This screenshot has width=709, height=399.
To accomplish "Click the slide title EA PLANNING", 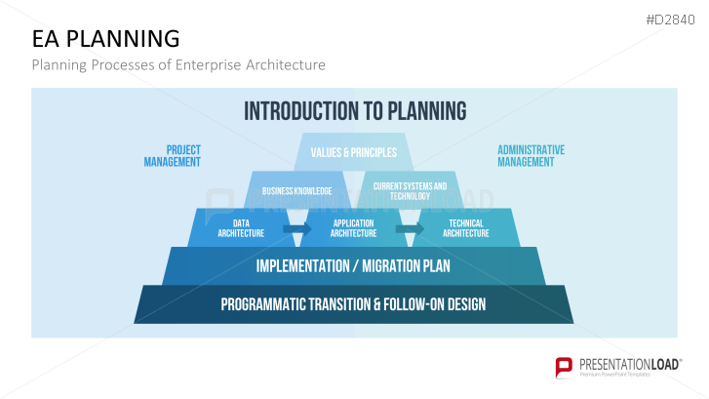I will [105, 39].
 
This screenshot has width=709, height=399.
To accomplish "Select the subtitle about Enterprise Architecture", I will [178, 65].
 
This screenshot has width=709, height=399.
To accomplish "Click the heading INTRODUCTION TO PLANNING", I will [354, 110].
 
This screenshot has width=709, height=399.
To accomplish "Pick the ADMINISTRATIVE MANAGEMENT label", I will [531, 156].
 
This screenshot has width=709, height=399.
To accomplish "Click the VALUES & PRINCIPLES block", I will [353, 152].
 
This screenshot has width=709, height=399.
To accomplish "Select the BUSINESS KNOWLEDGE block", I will [296, 190].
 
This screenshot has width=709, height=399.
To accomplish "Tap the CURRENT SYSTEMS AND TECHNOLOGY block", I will [410, 190].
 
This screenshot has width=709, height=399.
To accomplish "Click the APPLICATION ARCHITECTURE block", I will [353, 228].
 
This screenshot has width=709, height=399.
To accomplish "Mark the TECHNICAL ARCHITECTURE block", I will [466, 228].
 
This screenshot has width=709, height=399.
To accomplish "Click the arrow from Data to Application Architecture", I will [296, 228].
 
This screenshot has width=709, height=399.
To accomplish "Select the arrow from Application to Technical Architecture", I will [410, 228].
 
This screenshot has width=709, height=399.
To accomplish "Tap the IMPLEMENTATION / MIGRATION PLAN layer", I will [353, 265].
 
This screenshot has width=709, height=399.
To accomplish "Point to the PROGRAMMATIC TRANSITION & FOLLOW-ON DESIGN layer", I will [353, 304].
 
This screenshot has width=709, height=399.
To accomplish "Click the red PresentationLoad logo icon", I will [563, 367].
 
